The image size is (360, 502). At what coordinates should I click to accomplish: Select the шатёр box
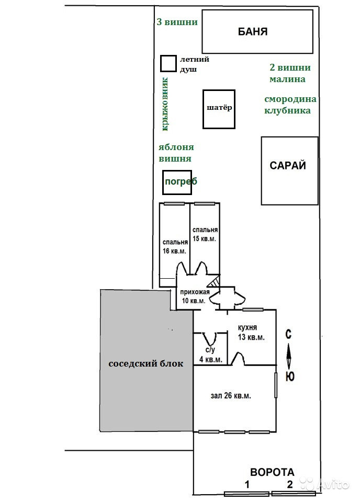point(219,109)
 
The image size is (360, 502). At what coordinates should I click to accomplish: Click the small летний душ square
point(168,64)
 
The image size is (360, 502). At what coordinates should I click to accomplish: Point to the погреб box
point(177,182)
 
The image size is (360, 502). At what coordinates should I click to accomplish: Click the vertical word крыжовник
point(165,105)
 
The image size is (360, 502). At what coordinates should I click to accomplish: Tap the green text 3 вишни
point(177,22)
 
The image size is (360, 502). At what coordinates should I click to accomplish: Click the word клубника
point(287,110)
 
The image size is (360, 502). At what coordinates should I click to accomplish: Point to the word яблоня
point(174,148)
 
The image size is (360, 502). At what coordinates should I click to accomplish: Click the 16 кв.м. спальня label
point(175,246)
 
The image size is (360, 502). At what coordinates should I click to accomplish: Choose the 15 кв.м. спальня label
point(205,234)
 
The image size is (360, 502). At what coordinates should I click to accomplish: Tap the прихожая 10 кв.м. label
point(194,296)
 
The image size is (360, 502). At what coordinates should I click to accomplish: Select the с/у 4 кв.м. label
point(211,355)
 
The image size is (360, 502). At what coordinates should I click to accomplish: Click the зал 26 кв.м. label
point(231,396)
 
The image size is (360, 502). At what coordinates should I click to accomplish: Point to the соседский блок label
point(146,364)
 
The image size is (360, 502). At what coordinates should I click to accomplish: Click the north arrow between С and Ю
point(288,356)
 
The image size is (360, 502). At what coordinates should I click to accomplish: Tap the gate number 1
point(246,484)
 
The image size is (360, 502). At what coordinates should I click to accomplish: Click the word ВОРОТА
point(272,472)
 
